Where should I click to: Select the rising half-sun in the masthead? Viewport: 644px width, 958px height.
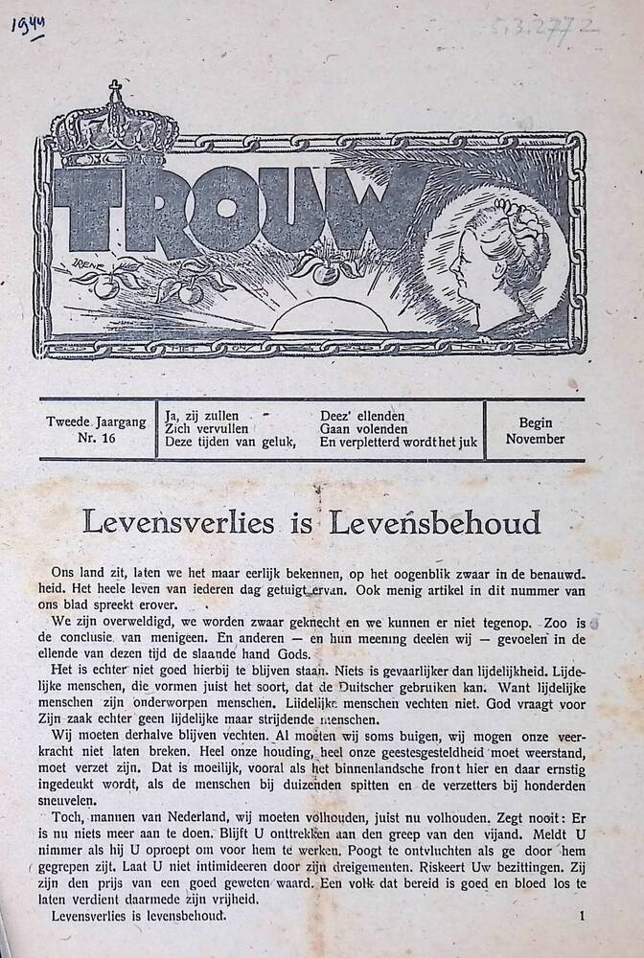[317, 315]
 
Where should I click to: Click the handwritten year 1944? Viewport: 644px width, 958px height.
[29, 25]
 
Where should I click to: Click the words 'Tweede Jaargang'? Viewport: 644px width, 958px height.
[96, 422]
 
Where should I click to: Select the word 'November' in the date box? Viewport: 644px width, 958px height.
[536, 439]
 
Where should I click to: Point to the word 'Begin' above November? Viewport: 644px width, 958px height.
[536, 422]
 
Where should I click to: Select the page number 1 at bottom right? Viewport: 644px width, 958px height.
[582, 916]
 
